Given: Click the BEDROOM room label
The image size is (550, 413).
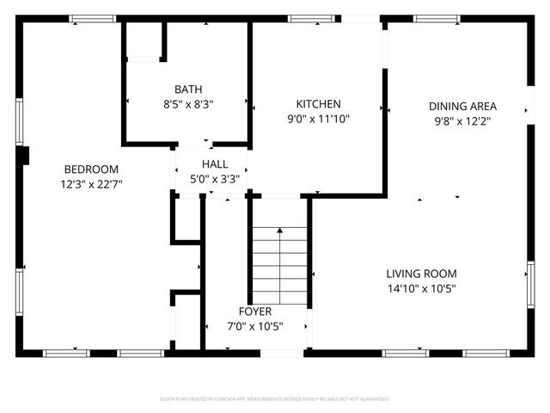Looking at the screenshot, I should coord(90,170).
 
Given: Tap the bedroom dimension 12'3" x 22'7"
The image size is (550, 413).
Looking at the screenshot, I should coord(90,184).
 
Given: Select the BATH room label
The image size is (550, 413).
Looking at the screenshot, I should coord(188,89).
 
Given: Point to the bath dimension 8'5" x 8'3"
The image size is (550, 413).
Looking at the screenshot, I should coord(188,103).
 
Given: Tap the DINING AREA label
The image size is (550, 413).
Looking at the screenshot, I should coord(463,107).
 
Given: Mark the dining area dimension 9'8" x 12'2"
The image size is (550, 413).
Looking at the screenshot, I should coord(463,121).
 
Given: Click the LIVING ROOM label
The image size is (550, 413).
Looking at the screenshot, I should coord(421,274).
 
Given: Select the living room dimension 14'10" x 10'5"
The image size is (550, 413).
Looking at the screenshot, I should coord(421,288).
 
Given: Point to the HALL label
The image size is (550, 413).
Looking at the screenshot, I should coord(215,164).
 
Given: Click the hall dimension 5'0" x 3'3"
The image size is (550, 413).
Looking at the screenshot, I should coord(215,179).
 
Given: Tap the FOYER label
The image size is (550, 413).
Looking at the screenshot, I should coord(255,311).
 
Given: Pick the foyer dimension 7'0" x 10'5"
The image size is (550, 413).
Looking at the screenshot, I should coord(255,326).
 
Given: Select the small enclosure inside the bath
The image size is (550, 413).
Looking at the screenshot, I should coord(144,40).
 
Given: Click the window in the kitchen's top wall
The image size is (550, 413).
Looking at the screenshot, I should coord(304,18).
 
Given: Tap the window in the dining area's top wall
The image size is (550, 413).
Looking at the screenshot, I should coord(437,18).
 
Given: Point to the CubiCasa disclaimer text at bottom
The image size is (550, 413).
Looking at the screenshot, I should coord(275,399).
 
